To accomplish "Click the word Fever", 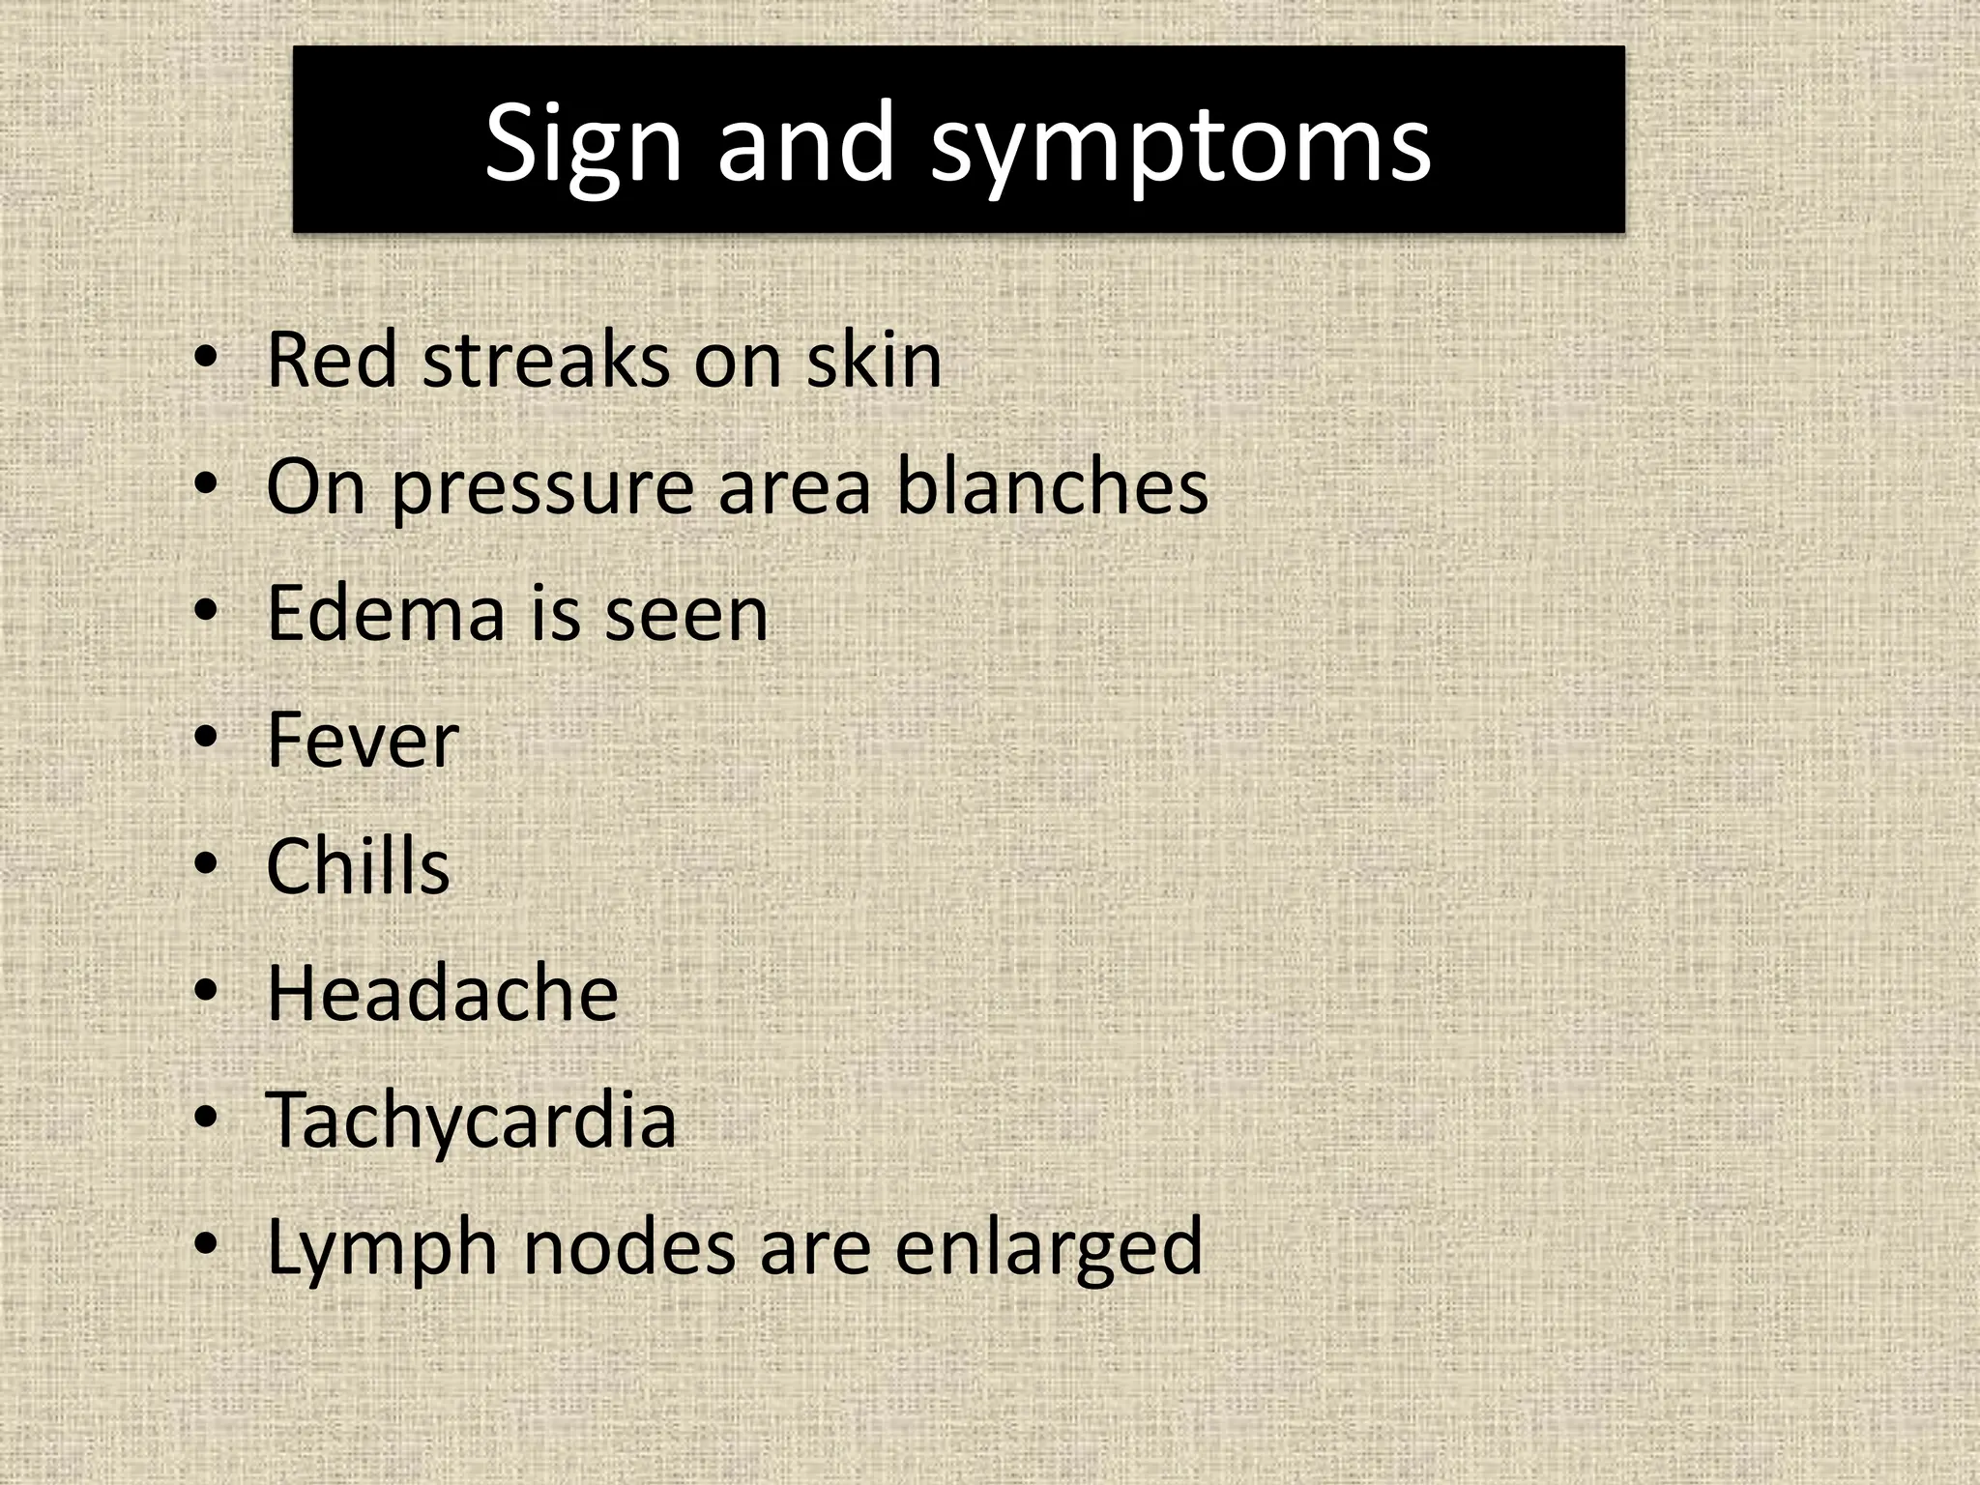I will pyautogui.click(x=362, y=741).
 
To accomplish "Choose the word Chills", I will pyautogui.click(x=358, y=866).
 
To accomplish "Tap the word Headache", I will pyautogui.click(x=442, y=993).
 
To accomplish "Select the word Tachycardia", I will pyautogui.click(x=471, y=1121).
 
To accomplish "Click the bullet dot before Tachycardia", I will pyautogui.click(x=206, y=1118).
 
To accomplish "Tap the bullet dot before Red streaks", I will pyautogui.click(x=206, y=358).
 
